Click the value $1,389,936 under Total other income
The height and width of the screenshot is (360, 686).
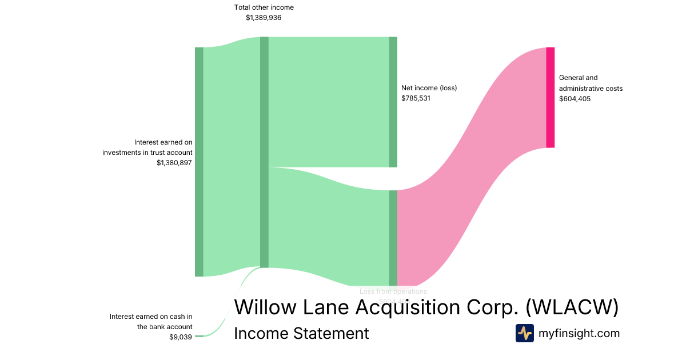click(264, 18)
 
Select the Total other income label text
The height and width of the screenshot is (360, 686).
click(264, 7)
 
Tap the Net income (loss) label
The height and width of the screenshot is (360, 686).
click(429, 88)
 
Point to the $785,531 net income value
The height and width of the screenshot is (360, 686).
click(416, 98)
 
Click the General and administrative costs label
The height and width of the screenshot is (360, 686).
click(591, 83)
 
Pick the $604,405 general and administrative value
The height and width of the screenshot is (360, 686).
click(575, 99)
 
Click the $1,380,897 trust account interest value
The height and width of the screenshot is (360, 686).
click(174, 163)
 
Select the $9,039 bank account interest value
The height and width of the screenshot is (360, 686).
click(181, 337)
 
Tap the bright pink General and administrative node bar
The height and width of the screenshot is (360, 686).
click(550, 97)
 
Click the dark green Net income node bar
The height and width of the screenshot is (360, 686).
click(393, 102)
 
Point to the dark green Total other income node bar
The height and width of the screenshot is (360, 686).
click(264, 152)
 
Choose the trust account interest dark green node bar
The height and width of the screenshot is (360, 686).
click(199, 162)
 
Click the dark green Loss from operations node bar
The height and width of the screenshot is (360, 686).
click(393, 238)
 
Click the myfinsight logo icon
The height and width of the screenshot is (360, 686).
click(524, 333)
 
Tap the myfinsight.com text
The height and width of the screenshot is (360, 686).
click(579, 333)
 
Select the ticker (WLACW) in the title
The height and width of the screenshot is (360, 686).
click(572, 307)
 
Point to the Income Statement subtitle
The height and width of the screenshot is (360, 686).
click(301, 333)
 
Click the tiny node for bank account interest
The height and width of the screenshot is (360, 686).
click(199, 336)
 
